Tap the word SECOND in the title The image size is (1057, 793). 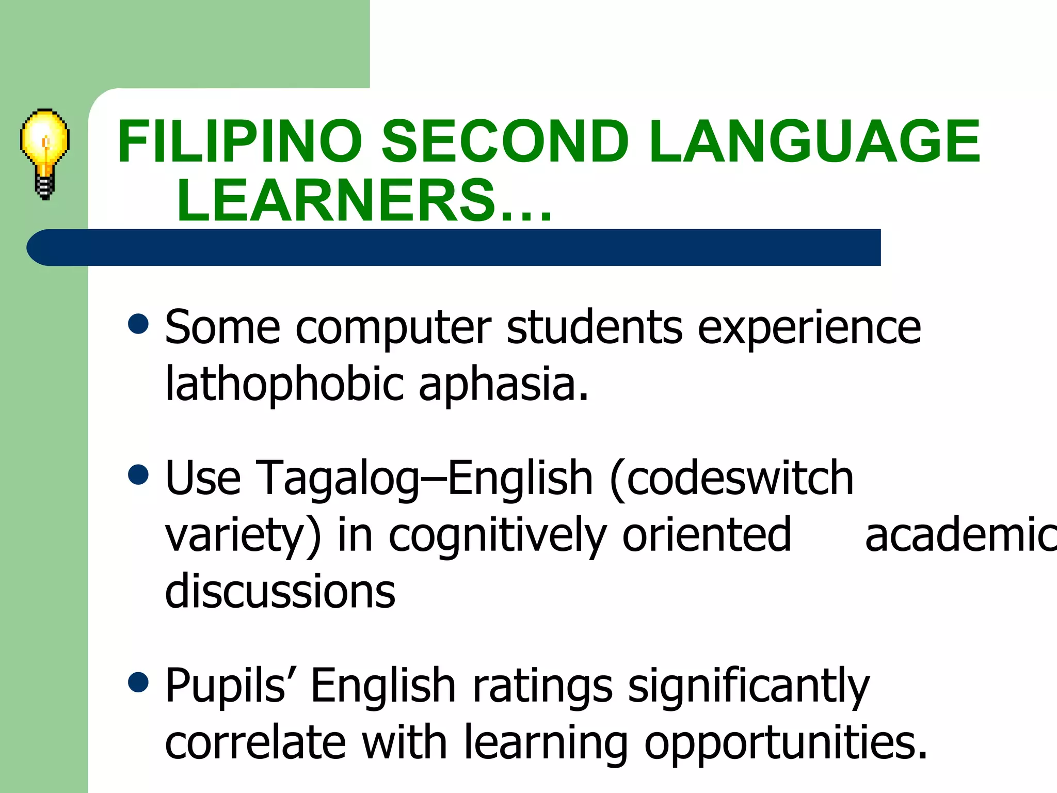pos(505,141)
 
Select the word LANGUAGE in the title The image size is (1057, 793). pos(814,141)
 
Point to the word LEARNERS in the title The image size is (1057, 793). pos(335,200)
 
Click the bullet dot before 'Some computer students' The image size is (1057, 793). pos(138,325)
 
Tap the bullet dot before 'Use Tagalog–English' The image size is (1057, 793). pos(138,475)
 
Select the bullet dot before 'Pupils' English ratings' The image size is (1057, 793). pos(138,682)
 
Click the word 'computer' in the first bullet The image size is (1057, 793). pos(393,328)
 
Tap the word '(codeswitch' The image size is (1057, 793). pos(731,478)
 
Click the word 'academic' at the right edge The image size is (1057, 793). pos(960,535)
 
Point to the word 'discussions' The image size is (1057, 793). pos(280,592)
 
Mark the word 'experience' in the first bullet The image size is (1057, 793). pos(809,328)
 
